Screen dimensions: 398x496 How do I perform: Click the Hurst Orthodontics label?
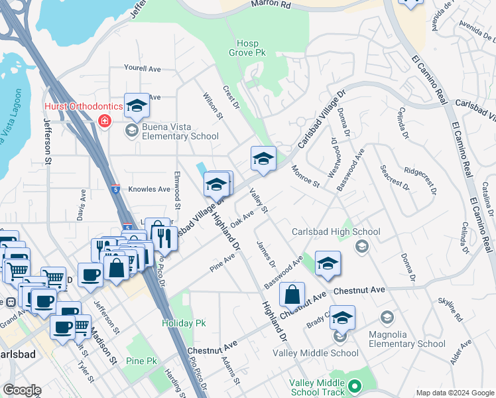[x=84, y=107]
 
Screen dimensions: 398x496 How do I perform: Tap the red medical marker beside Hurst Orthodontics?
[x=104, y=121]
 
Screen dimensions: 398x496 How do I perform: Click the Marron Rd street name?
[x=271, y=5]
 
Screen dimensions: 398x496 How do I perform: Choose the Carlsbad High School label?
[x=336, y=232]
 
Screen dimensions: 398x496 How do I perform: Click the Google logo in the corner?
[x=21, y=390]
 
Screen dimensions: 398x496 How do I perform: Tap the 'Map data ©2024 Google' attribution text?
[x=454, y=393]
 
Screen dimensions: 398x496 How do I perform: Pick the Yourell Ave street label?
[x=143, y=68]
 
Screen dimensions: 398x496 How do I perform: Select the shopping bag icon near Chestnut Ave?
[x=292, y=295]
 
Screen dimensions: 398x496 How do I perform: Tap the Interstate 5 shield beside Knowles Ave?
[x=115, y=189]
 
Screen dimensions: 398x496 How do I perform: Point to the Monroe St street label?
[x=306, y=176]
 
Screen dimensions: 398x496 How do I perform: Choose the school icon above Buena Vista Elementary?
[x=137, y=105]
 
